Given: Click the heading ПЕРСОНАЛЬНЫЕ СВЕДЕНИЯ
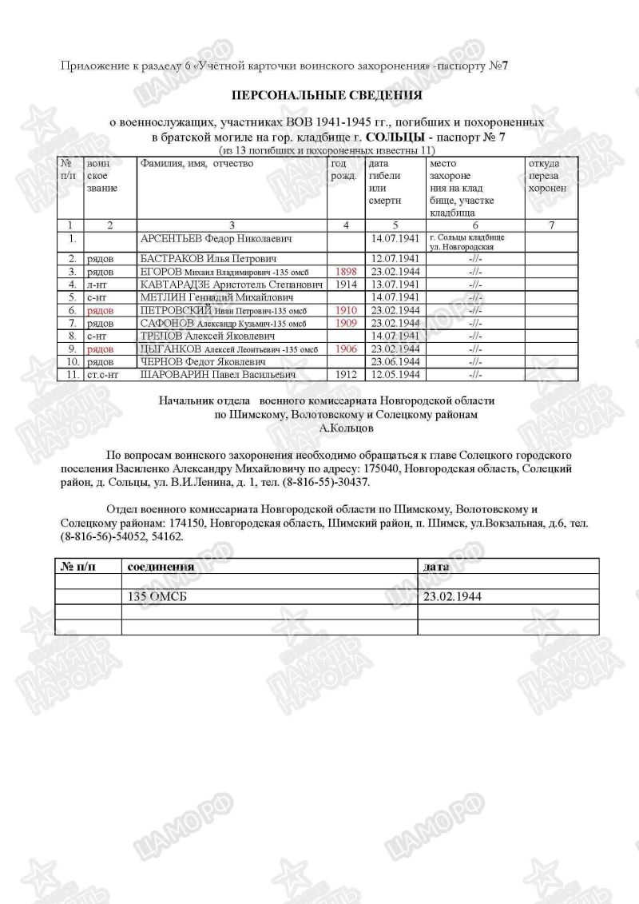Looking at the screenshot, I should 326,95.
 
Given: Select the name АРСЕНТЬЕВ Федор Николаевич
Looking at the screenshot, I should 214,239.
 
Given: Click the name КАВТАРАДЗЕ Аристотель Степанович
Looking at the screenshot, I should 231,284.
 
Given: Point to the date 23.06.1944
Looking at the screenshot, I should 393,362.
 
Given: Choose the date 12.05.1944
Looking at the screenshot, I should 393,374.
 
